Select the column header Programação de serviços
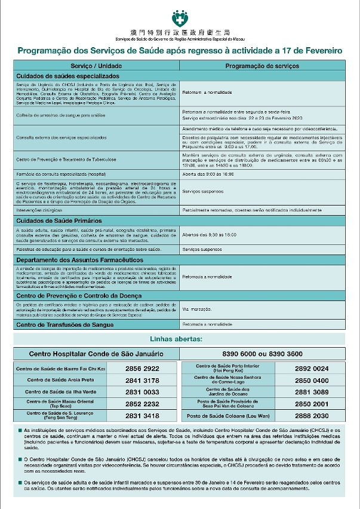click(262, 65)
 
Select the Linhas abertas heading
click(180, 339)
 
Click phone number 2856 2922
click(142, 369)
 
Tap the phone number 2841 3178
click(142, 381)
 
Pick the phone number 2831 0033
click(142, 392)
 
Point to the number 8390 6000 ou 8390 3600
click(262, 354)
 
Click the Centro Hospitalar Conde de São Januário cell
click(97, 354)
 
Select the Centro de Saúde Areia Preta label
click(60, 381)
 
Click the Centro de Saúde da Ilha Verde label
click(60, 392)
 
